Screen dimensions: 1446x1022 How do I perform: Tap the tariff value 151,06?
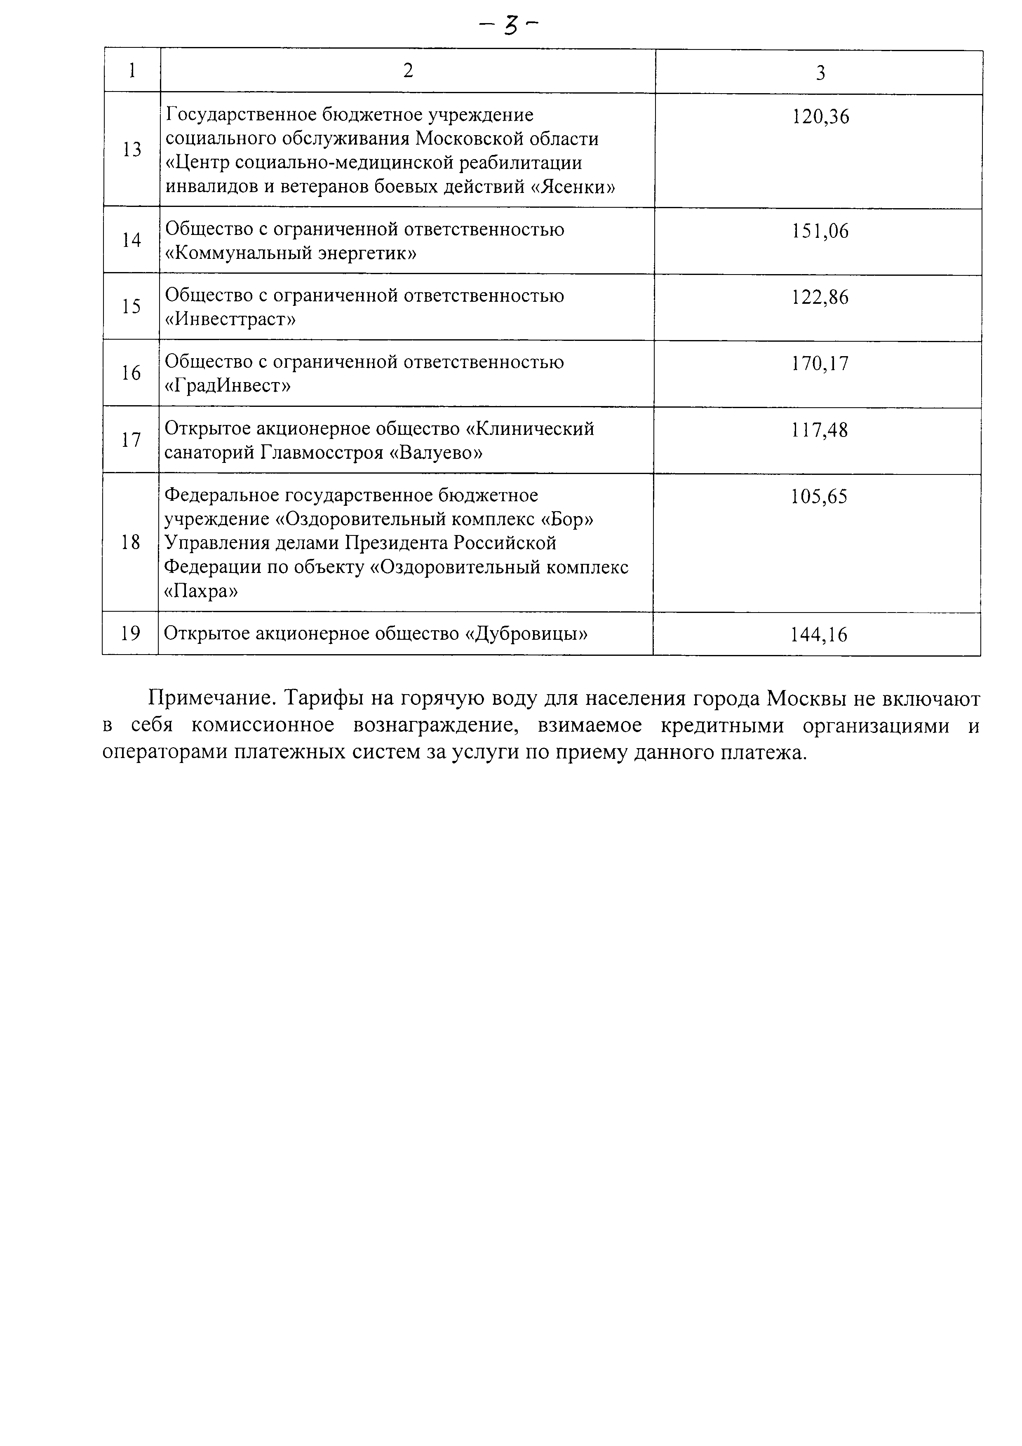pos(820,232)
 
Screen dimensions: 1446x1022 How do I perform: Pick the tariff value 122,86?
pos(820,297)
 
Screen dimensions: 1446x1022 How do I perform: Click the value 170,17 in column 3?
pos(820,364)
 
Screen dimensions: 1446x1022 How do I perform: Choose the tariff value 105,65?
pos(819,497)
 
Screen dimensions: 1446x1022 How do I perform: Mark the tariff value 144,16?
pos(819,634)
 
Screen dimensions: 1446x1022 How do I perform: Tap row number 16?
pos(131,373)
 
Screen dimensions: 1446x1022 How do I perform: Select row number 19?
pos(130,634)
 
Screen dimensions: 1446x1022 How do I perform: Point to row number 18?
pos(130,542)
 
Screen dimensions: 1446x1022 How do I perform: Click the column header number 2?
pos(408,70)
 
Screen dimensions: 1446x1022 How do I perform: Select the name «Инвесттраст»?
pos(230,319)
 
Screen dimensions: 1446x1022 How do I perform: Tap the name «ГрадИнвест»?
pos(227,385)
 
